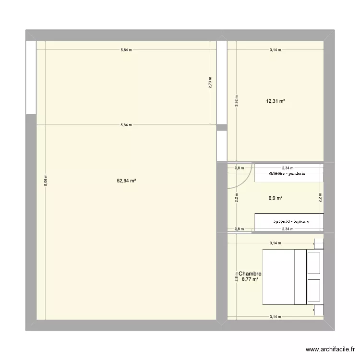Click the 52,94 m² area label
click(x=126, y=181)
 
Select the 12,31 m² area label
click(x=276, y=101)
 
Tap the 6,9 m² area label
click(x=275, y=198)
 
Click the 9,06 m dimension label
click(x=46, y=180)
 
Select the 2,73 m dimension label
click(x=210, y=83)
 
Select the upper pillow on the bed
click(x=314, y=263)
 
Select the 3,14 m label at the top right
click(x=276, y=50)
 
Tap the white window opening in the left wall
click(x=31, y=77)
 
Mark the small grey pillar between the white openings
click(x=221, y=128)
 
